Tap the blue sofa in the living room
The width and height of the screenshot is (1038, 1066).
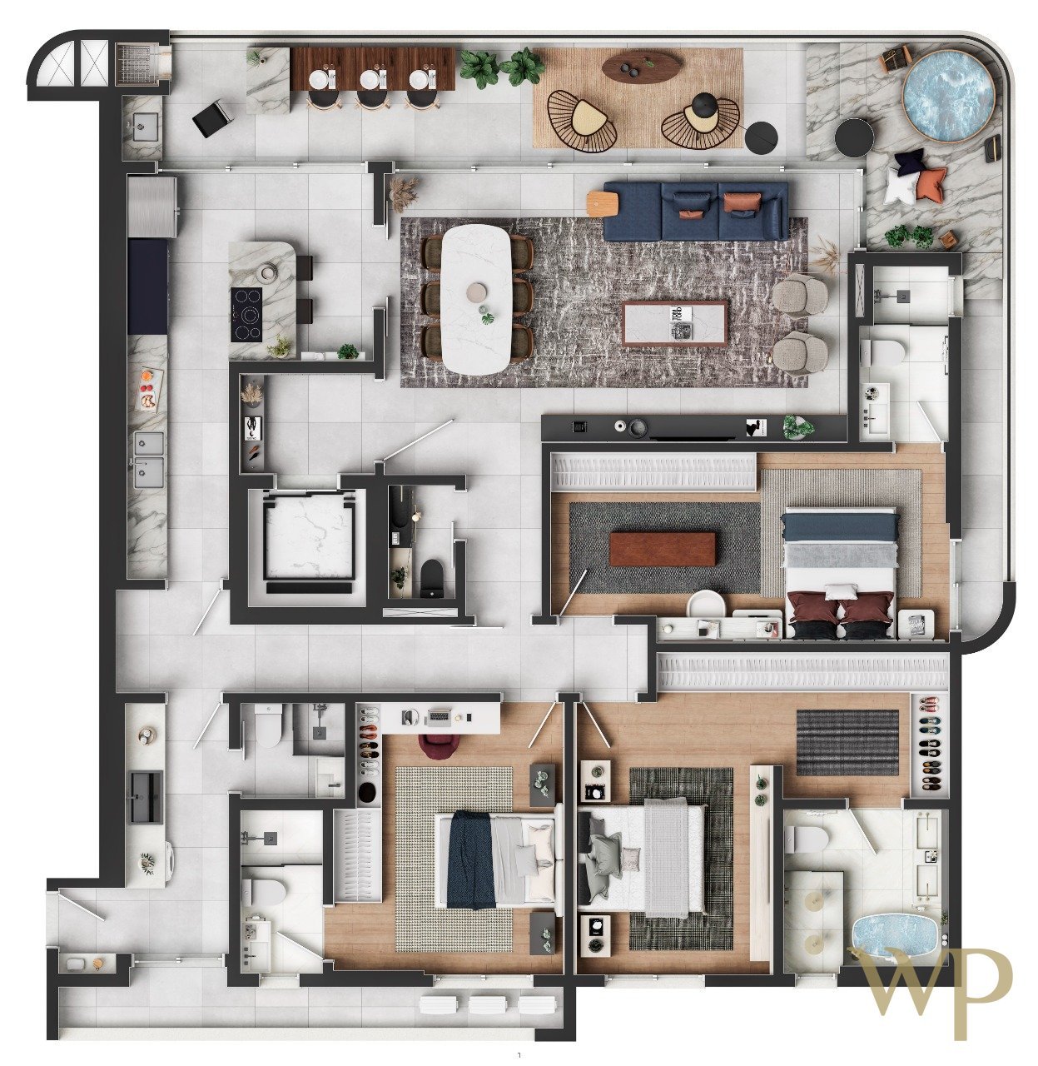pos(695,211)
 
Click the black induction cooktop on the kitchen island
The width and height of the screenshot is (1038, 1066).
pos(246,315)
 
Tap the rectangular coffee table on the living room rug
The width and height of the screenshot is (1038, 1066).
pos(676,323)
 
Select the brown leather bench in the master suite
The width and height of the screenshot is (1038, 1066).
pos(663,549)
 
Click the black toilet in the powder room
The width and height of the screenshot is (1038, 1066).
pos(432,578)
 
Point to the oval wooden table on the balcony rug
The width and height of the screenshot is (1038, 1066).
pos(642,65)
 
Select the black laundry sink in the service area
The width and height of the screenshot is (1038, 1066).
pos(146,797)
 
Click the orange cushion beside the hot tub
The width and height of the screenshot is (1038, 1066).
pos(931,184)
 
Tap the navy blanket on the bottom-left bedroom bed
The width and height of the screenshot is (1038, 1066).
pos(470,859)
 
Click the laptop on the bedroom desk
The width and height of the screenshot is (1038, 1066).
pos(437,716)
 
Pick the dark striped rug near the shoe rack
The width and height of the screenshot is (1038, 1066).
pos(847,742)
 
